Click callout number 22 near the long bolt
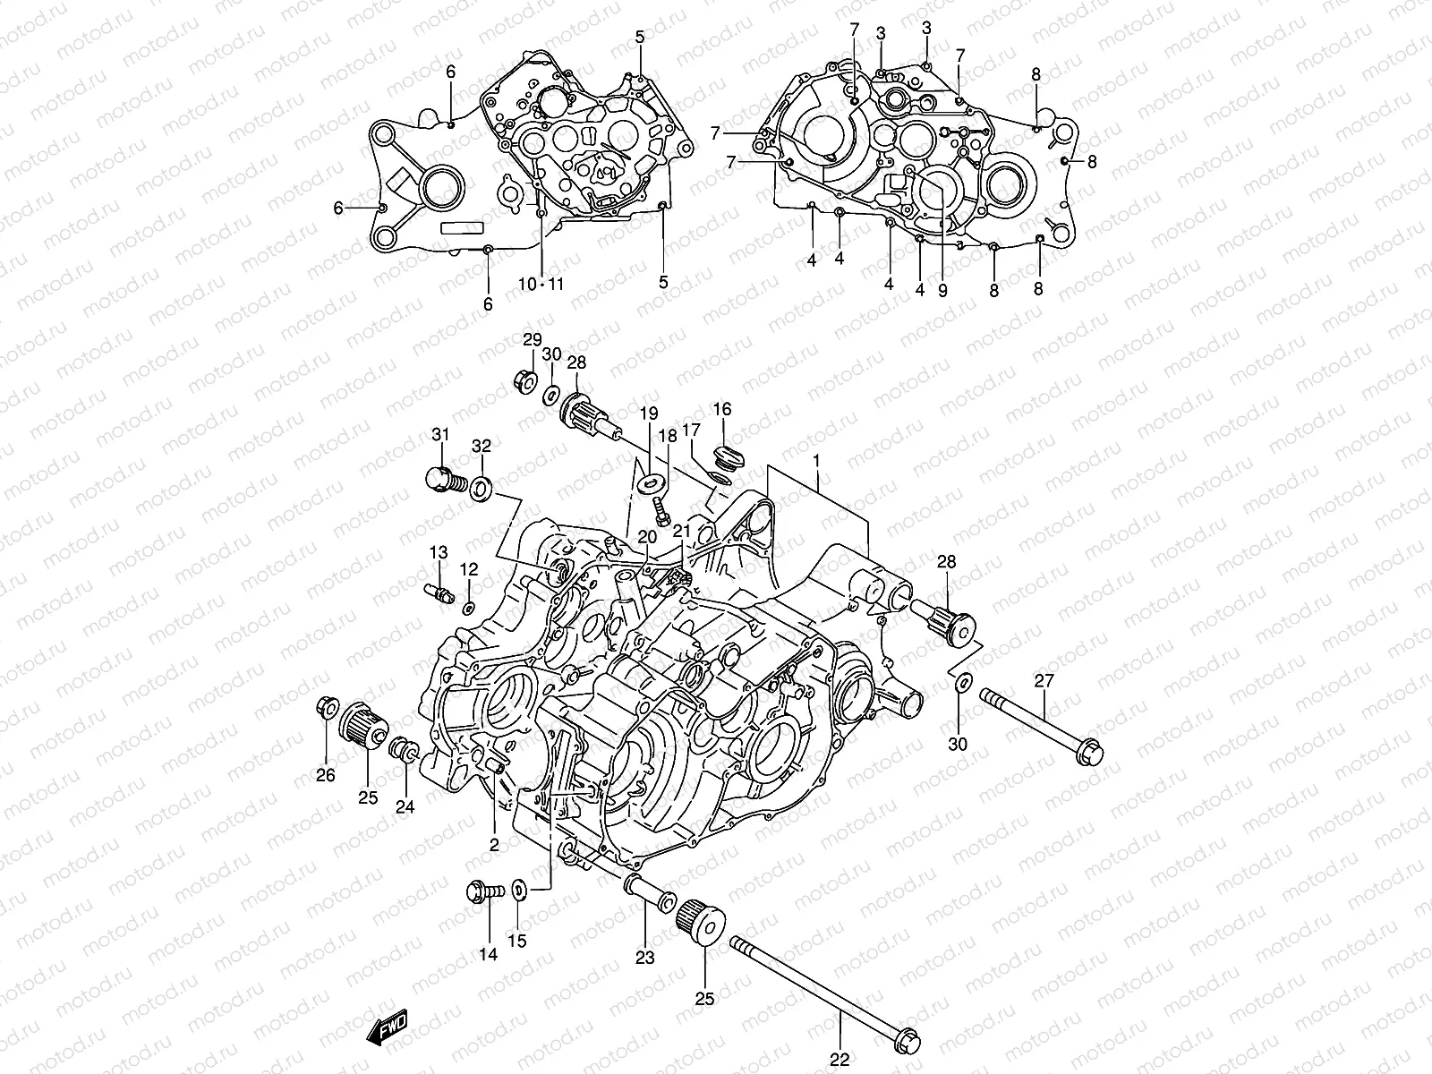pos(839,1060)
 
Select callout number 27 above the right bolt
pos(1044,681)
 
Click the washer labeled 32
pos(482,488)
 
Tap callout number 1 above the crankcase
pos(815,459)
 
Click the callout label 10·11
pos(541,285)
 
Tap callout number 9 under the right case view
pos(942,290)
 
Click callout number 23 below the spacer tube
pos(645,958)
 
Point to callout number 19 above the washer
pos(649,413)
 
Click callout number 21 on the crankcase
pos(683,532)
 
